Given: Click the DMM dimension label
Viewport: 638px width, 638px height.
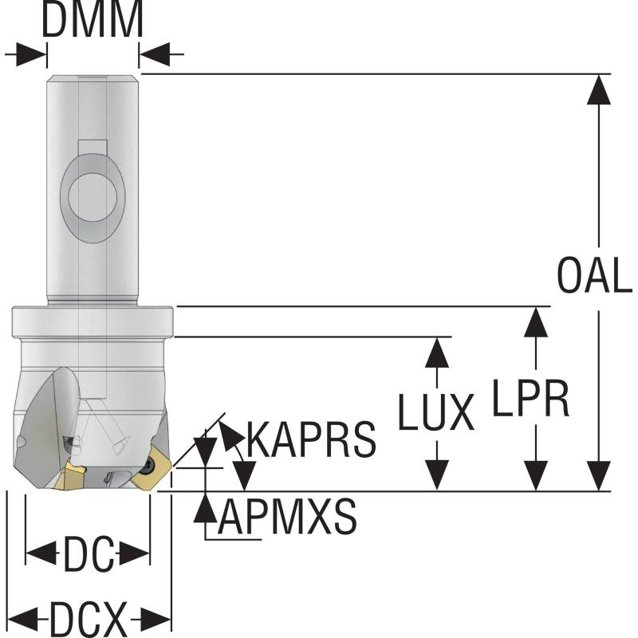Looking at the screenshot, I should (x=93, y=22).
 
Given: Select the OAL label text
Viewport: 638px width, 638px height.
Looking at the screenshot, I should (x=594, y=276).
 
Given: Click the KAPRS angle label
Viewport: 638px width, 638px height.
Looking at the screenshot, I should (x=311, y=439).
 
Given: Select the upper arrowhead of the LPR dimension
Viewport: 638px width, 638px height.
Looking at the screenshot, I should (x=536, y=321).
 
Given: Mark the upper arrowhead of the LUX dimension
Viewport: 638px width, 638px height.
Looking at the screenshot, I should (x=436, y=352).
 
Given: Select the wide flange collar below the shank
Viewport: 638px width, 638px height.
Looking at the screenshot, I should (x=93, y=322).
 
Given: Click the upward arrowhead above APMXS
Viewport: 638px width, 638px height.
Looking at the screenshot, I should (x=206, y=507).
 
